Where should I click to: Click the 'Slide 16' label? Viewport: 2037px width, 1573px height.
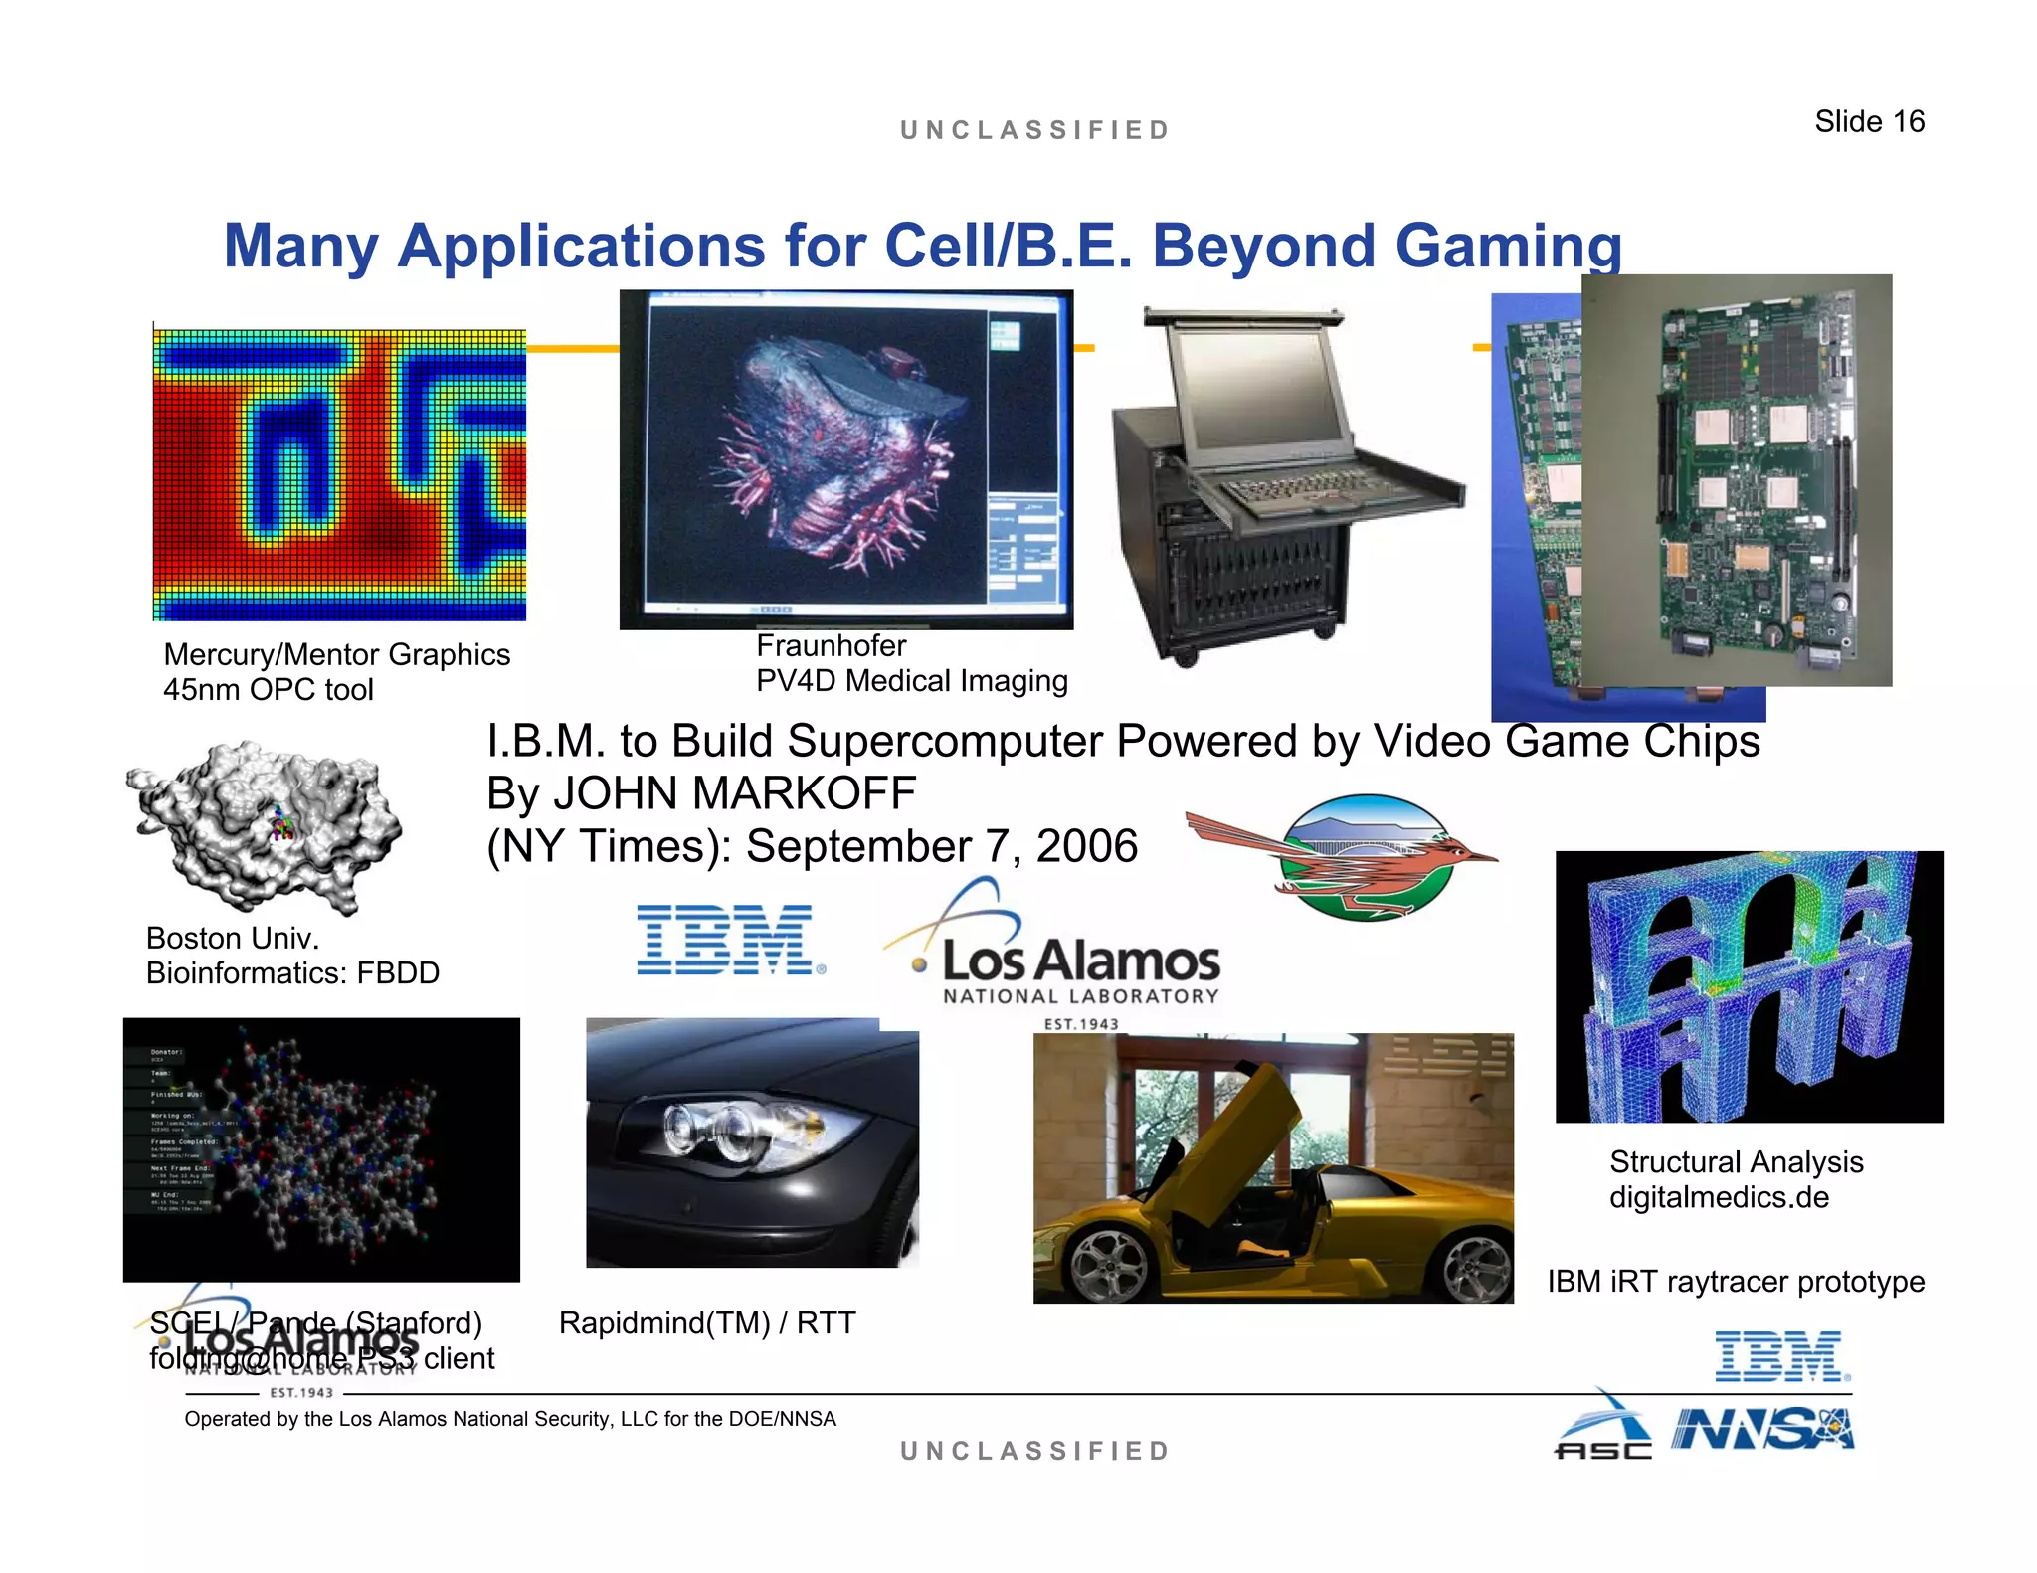[1869, 121]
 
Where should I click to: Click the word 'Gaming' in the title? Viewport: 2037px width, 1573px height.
[1508, 246]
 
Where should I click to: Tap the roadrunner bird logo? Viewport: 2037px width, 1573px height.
[1343, 857]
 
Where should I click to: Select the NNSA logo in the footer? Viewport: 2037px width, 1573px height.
[1761, 1430]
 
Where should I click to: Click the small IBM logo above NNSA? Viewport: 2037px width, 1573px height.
[1780, 1356]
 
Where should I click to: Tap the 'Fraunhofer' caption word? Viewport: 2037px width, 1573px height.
[831, 646]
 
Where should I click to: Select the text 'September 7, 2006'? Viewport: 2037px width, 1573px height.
[941, 846]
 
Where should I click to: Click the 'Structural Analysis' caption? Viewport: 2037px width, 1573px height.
[1736, 1161]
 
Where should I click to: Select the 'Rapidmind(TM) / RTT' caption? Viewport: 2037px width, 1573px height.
[706, 1323]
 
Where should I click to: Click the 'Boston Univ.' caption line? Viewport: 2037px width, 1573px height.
[232, 938]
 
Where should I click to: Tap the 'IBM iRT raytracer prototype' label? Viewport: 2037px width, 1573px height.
[1735, 1282]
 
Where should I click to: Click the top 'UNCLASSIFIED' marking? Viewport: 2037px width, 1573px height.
[1034, 130]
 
